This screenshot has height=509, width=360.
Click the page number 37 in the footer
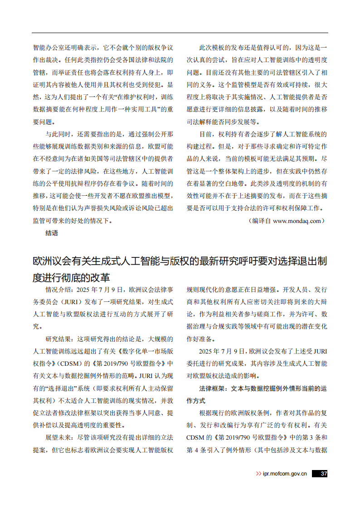pos(323,474)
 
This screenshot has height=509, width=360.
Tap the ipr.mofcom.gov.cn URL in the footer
pos(285,474)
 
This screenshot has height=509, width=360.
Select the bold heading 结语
pos(52,233)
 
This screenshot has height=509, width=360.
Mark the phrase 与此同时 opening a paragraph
pos(58,135)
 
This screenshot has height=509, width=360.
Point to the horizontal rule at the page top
pos(180,33)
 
